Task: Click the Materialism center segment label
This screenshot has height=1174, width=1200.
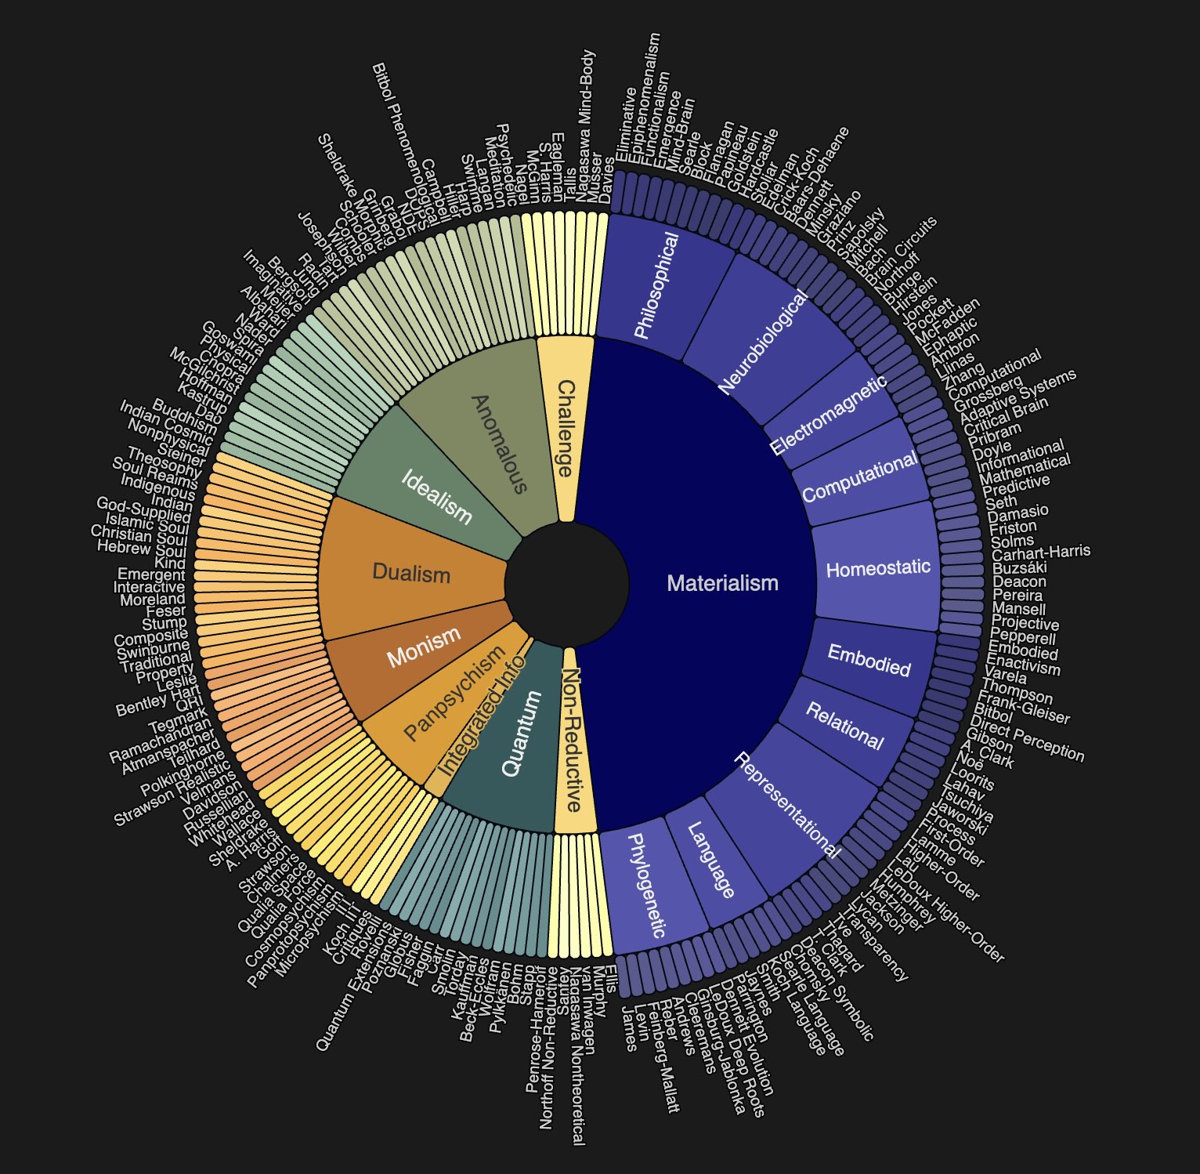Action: tap(721, 583)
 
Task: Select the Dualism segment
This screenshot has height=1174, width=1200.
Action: tap(411, 573)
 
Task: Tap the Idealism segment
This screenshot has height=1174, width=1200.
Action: tap(436, 495)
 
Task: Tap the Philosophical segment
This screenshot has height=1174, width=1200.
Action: tap(656, 286)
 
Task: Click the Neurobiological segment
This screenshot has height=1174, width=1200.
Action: tap(764, 342)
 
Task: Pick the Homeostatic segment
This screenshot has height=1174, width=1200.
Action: tap(878, 568)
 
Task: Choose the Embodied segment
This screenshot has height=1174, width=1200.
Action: tap(869, 661)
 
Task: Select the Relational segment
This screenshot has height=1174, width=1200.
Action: tap(844, 727)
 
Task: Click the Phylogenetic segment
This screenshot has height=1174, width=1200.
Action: tap(647, 885)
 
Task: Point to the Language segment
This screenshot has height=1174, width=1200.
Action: tap(711, 860)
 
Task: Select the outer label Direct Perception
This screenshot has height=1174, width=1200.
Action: tap(1027, 738)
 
